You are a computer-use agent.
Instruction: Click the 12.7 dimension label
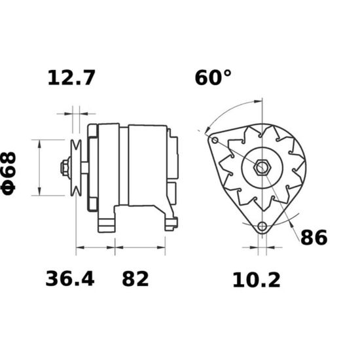point(71,78)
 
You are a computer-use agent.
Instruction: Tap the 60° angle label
point(213,78)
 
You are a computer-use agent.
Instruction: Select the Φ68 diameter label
point(9,173)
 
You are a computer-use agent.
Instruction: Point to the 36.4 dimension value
point(70,279)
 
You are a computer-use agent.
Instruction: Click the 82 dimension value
point(135,279)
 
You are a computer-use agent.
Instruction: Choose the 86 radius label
point(314,238)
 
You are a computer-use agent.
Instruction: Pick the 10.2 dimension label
point(257,280)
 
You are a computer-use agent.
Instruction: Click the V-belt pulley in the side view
point(76,168)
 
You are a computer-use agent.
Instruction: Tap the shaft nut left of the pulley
point(65,168)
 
